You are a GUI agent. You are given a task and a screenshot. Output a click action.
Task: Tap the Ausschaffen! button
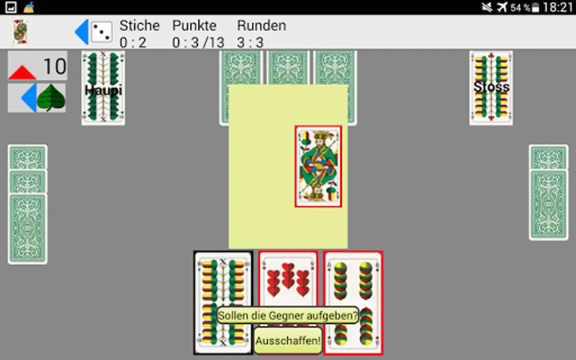click(288, 340)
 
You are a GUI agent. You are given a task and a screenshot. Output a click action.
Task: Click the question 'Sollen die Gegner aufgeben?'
click(288, 315)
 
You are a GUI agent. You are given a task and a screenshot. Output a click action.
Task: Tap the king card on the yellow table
click(318, 166)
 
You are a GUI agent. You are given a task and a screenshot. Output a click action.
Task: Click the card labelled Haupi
click(103, 88)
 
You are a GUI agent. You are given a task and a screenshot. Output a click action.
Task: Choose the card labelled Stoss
click(491, 88)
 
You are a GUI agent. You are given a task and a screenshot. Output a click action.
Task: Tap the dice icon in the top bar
click(102, 32)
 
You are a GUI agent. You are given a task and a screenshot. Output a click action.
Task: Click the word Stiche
click(140, 26)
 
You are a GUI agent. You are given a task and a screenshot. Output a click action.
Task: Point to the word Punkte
click(194, 26)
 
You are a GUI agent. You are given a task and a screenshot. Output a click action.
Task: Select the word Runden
click(262, 26)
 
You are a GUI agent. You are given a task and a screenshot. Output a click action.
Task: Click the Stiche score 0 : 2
click(133, 42)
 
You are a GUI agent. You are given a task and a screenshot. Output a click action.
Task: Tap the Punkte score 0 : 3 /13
click(198, 42)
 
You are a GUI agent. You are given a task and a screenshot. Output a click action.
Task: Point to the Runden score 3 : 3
click(250, 42)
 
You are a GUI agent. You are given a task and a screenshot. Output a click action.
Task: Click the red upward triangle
click(22, 72)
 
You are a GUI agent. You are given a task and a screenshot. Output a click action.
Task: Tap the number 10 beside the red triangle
click(55, 66)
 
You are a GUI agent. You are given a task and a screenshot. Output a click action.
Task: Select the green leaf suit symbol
click(51, 98)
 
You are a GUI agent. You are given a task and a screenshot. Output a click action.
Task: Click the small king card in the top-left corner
click(20, 32)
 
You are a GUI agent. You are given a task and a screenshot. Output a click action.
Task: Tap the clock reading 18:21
click(558, 7)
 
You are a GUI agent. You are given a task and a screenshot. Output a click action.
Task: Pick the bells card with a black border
click(223, 303)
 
